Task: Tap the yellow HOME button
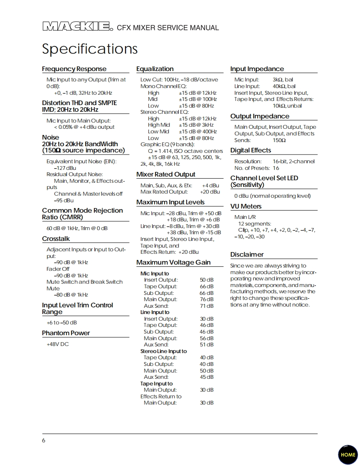point(348,454)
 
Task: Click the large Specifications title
point(90,49)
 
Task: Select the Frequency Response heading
point(74,69)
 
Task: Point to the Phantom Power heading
point(66,333)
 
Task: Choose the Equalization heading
point(155,69)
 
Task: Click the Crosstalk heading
point(56,239)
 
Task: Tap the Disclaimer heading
point(247,255)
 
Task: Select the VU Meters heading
point(246,206)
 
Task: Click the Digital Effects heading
point(251,150)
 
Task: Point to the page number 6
point(44,441)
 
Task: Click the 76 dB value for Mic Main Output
point(207,299)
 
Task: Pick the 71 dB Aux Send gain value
point(207,306)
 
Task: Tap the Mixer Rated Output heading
point(165,174)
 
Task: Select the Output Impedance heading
point(260,116)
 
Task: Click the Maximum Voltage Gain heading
point(173,262)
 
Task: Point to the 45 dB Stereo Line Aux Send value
point(207,377)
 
